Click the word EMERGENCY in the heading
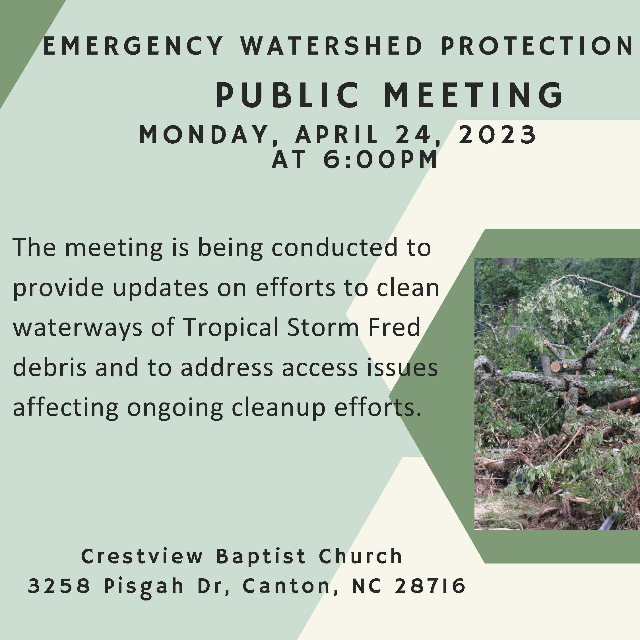133,46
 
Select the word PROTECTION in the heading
537,46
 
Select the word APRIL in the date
336,135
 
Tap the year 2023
497,135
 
